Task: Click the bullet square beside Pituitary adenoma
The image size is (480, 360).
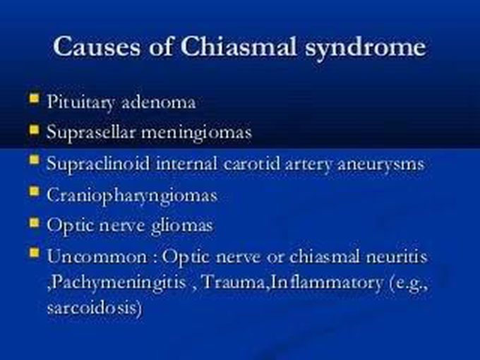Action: pyautogui.click(x=33, y=98)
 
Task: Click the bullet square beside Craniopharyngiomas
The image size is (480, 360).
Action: pyautogui.click(x=33, y=191)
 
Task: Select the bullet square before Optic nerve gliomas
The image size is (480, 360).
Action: pyautogui.click(x=33, y=222)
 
